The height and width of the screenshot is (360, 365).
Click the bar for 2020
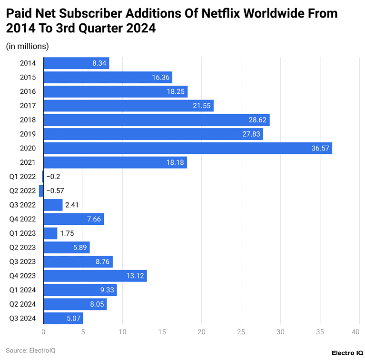coord(187,149)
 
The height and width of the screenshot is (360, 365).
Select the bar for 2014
coord(76,63)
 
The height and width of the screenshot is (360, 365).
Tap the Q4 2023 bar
coord(95,276)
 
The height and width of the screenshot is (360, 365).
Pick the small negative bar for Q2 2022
coord(41,191)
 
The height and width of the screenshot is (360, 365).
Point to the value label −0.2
coord(53,177)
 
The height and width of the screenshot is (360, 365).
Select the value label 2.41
coord(71,205)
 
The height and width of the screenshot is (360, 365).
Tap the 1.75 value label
coord(67,234)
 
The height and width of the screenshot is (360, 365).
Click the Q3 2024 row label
coord(22,318)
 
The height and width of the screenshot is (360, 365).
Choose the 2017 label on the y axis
coord(28,106)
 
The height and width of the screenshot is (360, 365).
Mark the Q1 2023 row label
coord(22,233)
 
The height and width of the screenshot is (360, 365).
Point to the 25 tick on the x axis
coord(241,332)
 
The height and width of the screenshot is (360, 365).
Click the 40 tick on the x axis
coord(355,332)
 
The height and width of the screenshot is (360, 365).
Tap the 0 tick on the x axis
coord(43,332)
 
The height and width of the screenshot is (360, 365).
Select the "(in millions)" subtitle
coord(28,46)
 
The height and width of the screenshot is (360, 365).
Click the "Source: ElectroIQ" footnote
coord(31,350)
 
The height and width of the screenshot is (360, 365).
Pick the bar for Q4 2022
coord(73,220)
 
